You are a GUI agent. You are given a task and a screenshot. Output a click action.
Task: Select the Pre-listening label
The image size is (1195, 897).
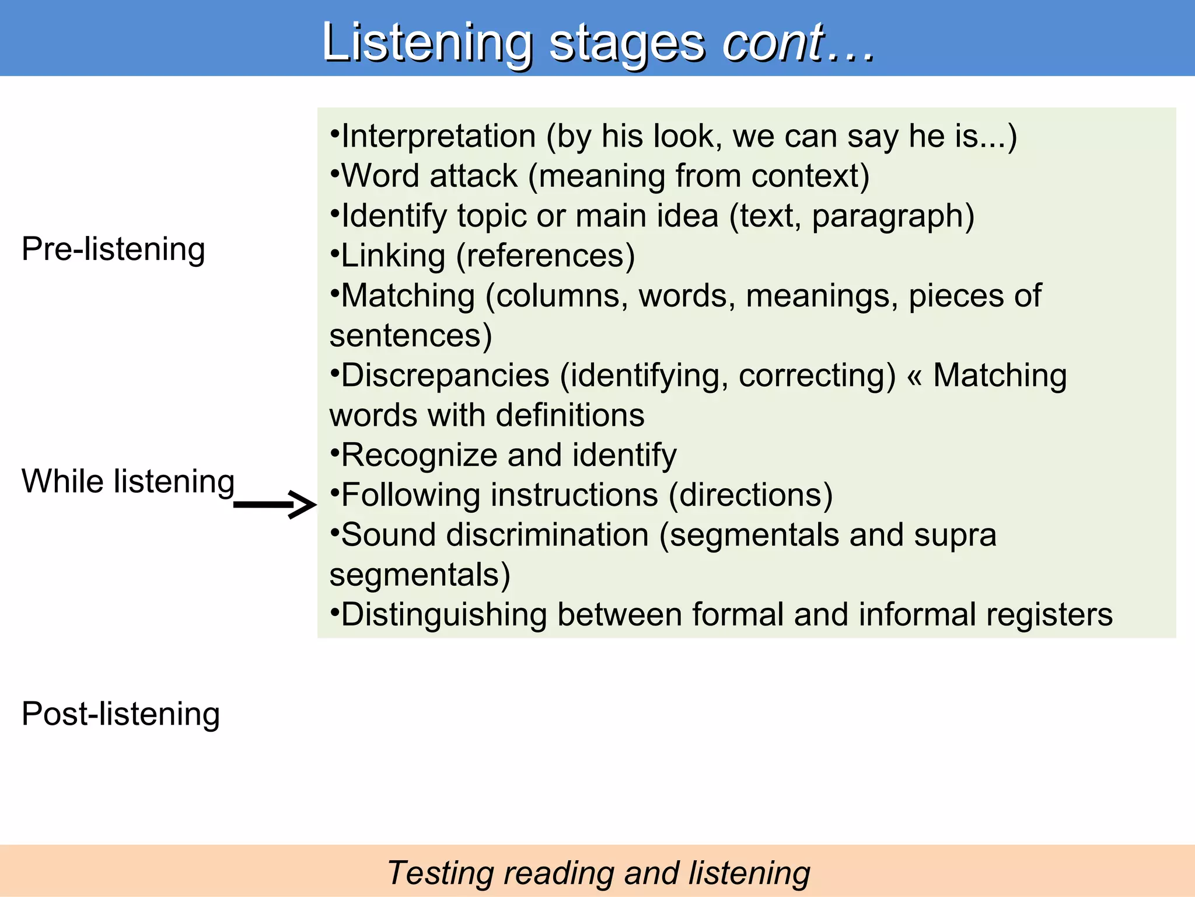(113, 249)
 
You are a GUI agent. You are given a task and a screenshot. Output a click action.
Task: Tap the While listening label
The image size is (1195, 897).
(128, 482)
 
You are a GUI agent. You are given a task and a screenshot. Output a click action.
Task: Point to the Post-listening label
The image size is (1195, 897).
(120, 714)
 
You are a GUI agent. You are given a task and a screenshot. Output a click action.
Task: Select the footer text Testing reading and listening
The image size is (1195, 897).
(597, 873)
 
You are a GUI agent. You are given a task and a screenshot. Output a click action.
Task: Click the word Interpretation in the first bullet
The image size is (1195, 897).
(438, 137)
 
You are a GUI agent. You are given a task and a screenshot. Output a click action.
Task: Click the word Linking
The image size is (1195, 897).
(393, 256)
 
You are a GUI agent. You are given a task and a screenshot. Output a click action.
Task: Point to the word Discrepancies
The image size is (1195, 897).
(445, 376)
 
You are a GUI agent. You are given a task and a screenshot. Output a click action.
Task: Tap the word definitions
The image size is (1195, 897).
(570, 415)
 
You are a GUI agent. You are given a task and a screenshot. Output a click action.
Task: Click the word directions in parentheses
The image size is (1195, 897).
(750, 495)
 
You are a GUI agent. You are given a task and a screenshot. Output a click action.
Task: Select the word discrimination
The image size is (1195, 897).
(547, 535)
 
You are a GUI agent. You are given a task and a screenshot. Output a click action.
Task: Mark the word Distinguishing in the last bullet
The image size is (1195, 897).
(443, 615)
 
